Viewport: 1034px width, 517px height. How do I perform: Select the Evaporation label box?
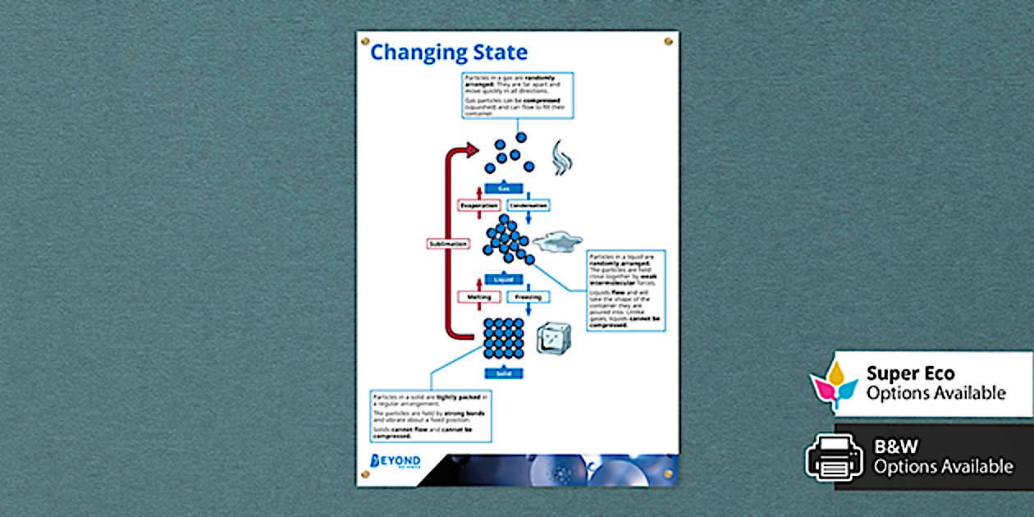point(478,205)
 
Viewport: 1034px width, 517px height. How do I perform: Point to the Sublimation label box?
point(448,244)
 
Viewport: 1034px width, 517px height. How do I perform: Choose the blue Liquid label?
point(503,280)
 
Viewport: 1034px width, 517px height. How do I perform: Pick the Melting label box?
point(478,297)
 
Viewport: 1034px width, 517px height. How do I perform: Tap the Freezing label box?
point(528,297)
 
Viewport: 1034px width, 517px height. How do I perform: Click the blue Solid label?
point(503,373)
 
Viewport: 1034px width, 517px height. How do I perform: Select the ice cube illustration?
point(554,337)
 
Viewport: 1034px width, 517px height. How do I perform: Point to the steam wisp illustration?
point(561,157)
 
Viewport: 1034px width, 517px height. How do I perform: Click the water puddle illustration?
point(557,241)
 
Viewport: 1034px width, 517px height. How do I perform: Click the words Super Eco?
point(910,374)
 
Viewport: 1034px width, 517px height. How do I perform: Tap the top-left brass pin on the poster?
point(366,41)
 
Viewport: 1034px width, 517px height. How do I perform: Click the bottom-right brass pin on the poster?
point(669,474)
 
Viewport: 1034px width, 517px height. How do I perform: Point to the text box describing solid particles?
point(431,415)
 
